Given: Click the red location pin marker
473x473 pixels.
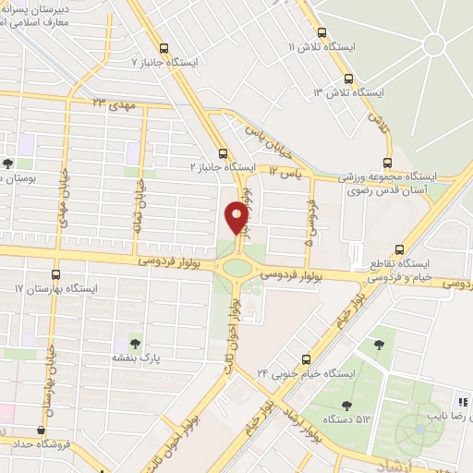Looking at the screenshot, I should pyautogui.click(x=236, y=218).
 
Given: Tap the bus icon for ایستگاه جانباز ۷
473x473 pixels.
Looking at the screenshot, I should pyautogui.click(x=164, y=48).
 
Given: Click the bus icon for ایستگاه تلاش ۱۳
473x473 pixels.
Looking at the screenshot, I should pyautogui.click(x=348, y=79).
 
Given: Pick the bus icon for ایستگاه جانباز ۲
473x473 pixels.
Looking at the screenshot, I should pyautogui.click(x=222, y=153).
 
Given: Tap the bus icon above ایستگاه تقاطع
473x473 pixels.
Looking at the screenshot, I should pyautogui.click(x=399, y=249).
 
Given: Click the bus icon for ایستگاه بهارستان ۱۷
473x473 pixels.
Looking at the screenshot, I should pyautogui.click(x=56, y=274).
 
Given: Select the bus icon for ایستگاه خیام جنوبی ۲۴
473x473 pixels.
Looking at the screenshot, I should pyautogui.click(x=307, y=359).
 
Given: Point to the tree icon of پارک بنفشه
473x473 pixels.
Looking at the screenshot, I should pyautogui.click(x=137, y=343).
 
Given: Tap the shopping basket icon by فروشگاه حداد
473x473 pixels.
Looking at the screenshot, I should pyautogui.click(x=41, y=430).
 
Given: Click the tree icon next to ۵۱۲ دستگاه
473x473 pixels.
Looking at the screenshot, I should pyautogui.click(x=346, y=404).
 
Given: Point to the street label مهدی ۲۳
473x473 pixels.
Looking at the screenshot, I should pyautogui.click(x=114, y=103).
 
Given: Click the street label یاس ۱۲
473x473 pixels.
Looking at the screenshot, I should pyautogui.click(x=285, y=172).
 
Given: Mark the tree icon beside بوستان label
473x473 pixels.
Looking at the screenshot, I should pyautogui.click(x=8, y=164).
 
